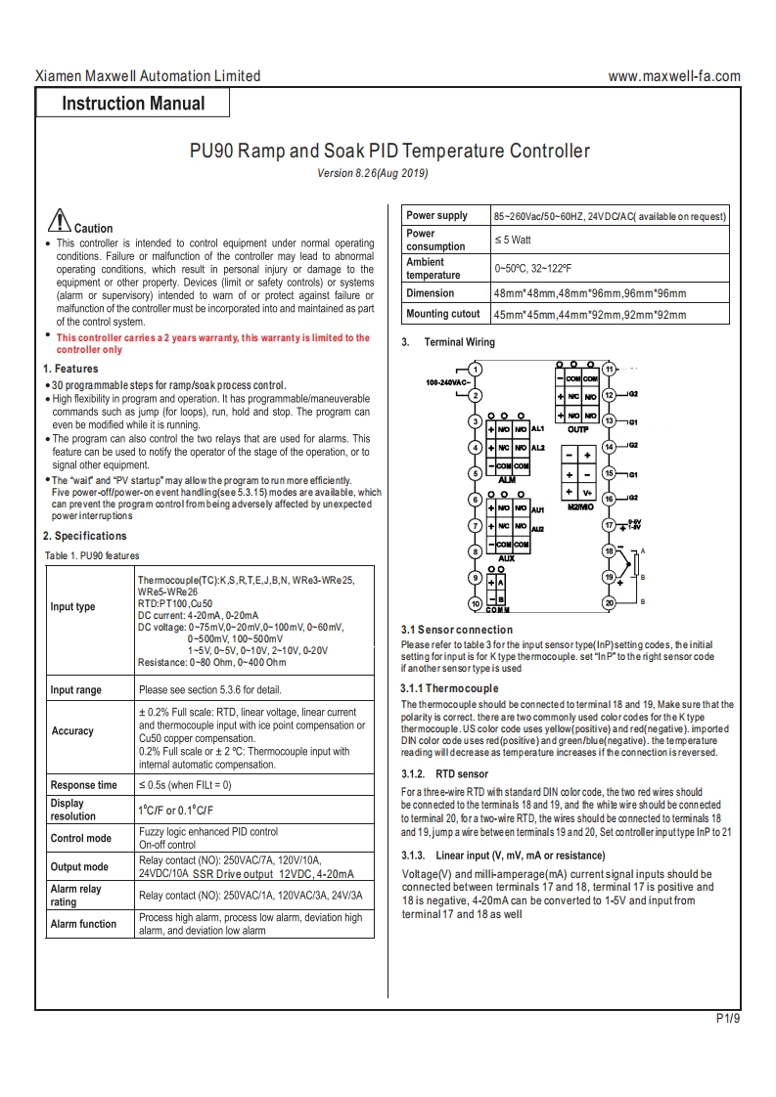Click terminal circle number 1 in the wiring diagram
[475, 370]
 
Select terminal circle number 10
[475, 603]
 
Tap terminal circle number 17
[609, 525]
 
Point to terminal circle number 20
[609, 603]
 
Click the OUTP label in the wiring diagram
[578, 428]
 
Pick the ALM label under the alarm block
[507, 480]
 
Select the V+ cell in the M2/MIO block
[587, 493]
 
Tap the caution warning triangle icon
[59, 220]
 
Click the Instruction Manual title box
[134, 104]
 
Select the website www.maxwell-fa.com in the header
[674, 76]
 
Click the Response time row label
[83, 785]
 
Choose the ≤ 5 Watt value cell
[513, 240]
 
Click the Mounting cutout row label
[443, 314]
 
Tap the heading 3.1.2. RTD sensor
[445, 774]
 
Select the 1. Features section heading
[70, 369]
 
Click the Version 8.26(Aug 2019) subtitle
[373, 173]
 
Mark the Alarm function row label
[83, 924]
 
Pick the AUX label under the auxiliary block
[507, 558]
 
